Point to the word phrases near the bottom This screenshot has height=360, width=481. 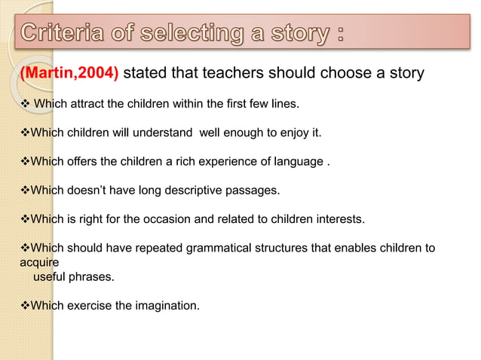pyautogui.click(x=94, y=277)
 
